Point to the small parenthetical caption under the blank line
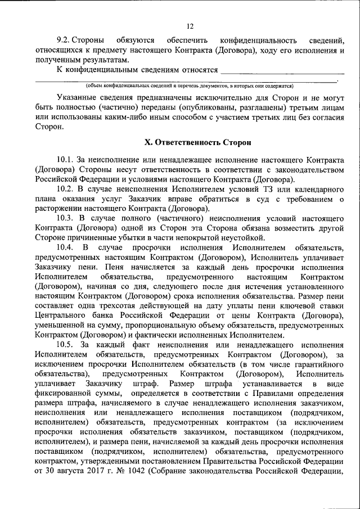tap(190, 86)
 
